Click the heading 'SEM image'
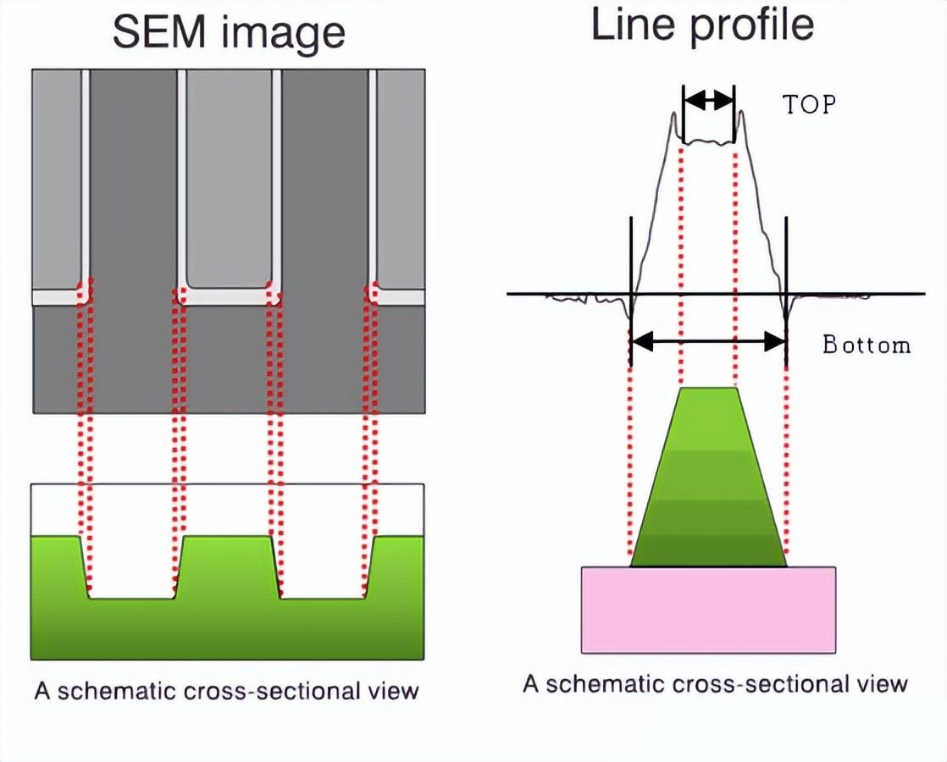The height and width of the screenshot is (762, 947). [x=229, y=32]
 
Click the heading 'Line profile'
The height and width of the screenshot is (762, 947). [x=702, y=25]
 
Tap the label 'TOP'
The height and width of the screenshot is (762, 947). [x=808, y=104]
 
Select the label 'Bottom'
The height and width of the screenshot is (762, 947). [x=867, y=345]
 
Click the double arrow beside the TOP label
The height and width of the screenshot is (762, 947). [x=708, y=100]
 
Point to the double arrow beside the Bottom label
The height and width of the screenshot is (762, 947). [x=709, y=341]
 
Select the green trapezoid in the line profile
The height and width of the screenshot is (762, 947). [x=709, y=483]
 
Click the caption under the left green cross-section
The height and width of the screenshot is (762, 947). [x=226, y=690]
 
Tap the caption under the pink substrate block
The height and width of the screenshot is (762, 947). [x=715, y=683]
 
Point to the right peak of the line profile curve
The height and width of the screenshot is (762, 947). [x=742, y=113]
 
